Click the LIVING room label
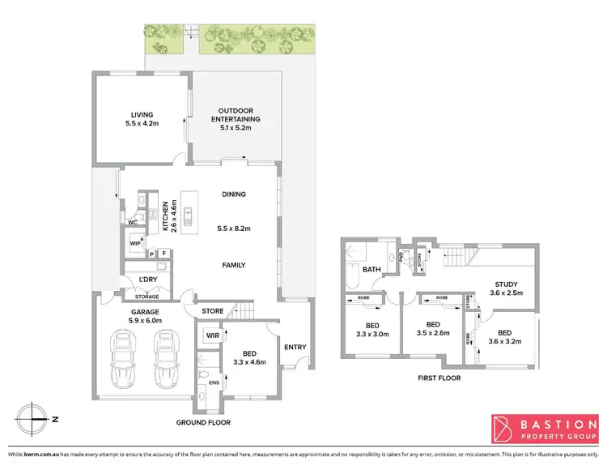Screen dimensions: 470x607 click(142, 115)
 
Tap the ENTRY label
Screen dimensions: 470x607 click(295, 347)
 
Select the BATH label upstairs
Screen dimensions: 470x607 click(371, 270)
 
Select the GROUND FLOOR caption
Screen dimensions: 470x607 click(204, 423)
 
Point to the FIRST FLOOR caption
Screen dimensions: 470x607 click(440, 378)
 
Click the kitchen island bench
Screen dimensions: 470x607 click(188, 216)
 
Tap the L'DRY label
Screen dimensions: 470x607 click(146, 280)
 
